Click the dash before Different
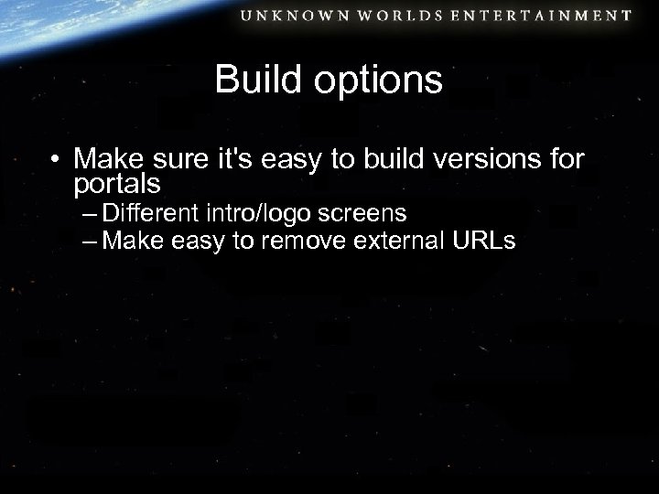click(x=89, y=216)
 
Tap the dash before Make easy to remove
click(x=89, y=243)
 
